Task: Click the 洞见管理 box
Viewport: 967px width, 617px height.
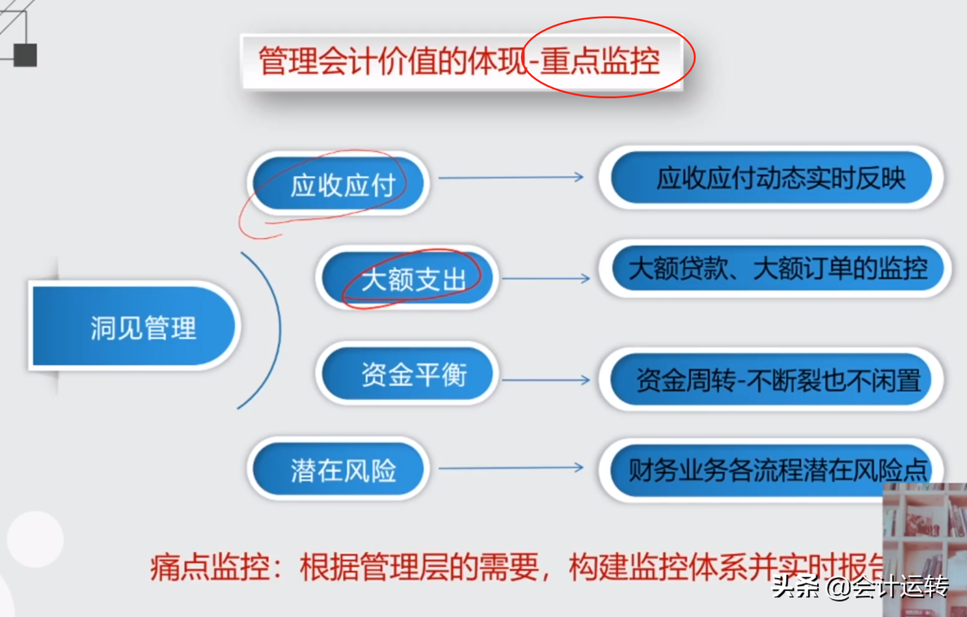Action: [x=134, y=327]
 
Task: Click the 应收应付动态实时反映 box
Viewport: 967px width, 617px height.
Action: [x=772, y=179]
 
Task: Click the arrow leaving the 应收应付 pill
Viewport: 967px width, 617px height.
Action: [x=511, y=178]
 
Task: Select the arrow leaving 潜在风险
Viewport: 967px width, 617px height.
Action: [x=511, y=468]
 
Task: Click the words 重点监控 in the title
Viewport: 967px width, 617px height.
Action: [x=600, y=62]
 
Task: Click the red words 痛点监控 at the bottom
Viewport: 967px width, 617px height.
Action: [x=210, y=567]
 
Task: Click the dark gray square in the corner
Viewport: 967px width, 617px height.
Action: [x=26, y=55]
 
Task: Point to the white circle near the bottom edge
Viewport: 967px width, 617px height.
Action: [x=35, y=539]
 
